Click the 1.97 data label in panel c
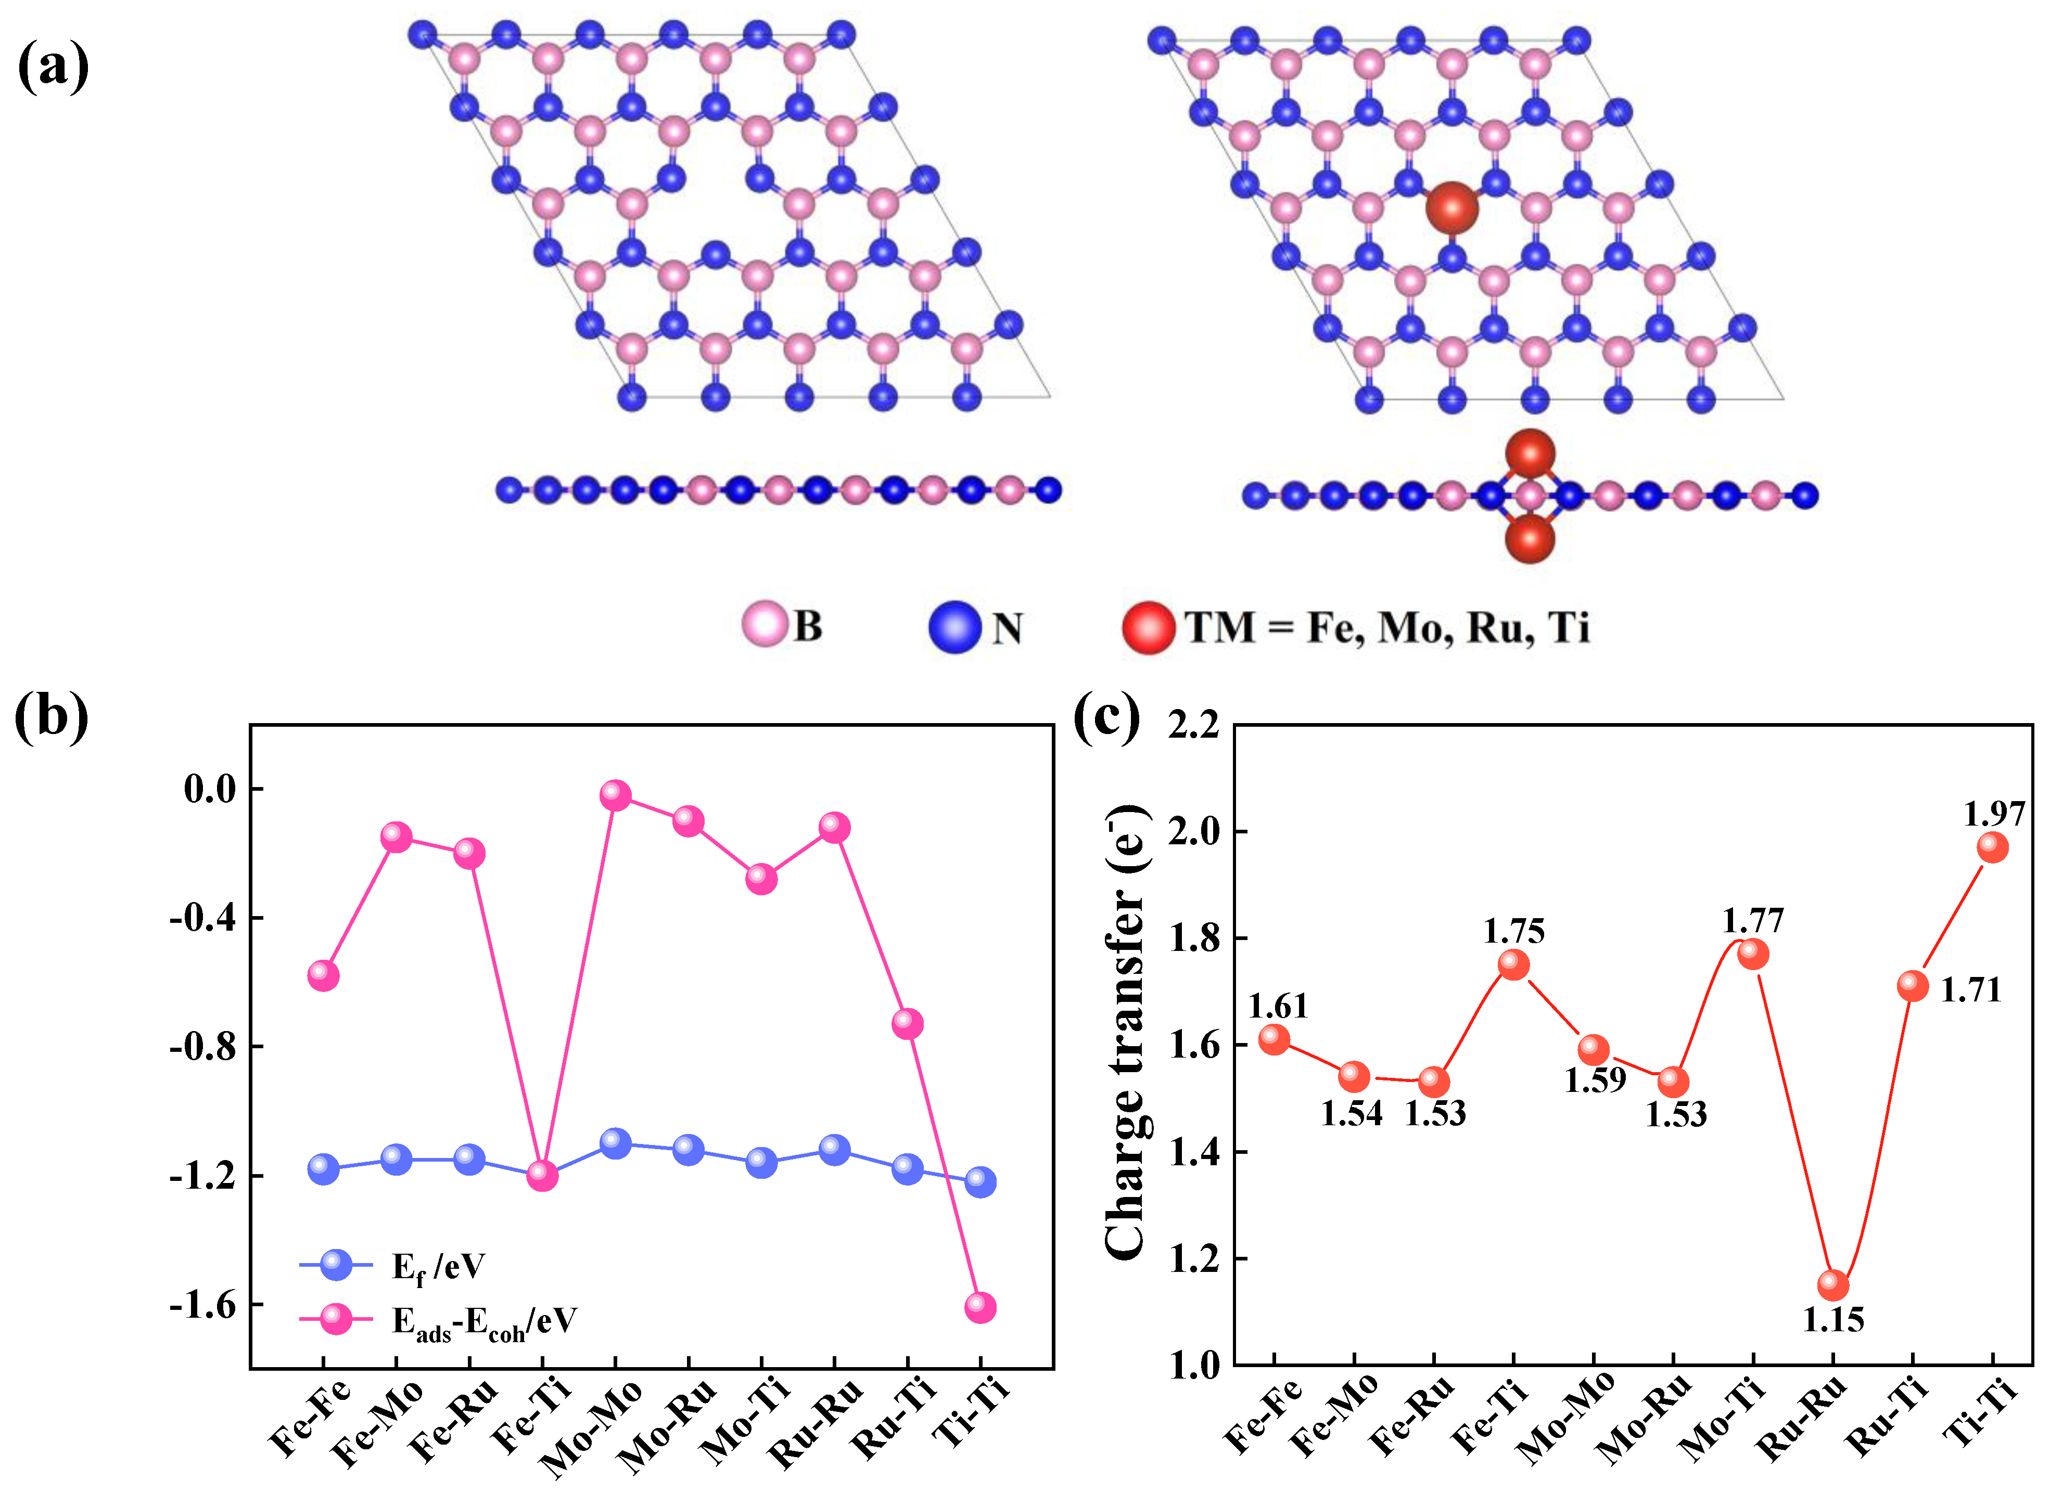point(1993,814)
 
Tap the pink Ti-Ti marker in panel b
point(981,1307)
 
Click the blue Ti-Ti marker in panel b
point(981,1181)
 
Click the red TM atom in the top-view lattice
point(1451,208)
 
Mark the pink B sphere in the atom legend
point(765,624)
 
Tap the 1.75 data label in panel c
point(1514,931)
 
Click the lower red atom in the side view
point(1530,538)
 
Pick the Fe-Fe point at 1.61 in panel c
point(1274,1039)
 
